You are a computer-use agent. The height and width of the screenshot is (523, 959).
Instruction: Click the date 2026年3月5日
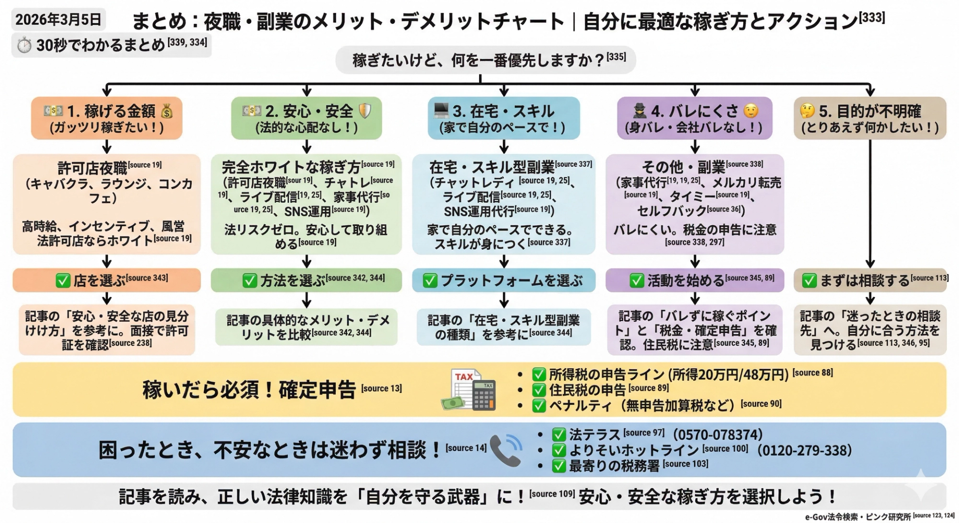pyautogui.click(x=58, y=19)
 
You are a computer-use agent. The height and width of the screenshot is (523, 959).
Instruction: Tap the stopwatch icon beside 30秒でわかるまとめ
pyautogui.click(x=23, y=45)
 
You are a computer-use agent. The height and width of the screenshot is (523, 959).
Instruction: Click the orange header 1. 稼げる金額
pyautogui.click(x=106, y=118)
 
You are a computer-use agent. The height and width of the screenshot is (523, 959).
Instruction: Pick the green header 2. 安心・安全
pyautogui.click(x=306, y=118)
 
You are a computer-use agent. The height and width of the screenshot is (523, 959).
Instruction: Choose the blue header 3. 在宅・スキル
pyautogui.click(x=503, y=118)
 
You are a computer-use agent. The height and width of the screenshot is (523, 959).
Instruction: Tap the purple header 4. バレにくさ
pyautogui.click(x=694, y=118)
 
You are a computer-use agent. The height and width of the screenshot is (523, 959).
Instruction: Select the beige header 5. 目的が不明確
pyautogui.click(x=870, y=118)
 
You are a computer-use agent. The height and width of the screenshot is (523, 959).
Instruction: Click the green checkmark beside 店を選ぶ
pyautogui.click(x=63, y=281)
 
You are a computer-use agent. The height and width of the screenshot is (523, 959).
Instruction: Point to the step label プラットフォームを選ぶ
pyautogui.click(x=511, y=281)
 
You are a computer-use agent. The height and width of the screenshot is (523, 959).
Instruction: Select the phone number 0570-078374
pyautogui.click(x=717, y=435)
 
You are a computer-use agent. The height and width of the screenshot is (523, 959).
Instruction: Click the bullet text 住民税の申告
pyautogui.click(x=587, y=390)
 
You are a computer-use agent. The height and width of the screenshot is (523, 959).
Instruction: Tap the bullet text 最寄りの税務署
pyautogui.click(x=614, y=466)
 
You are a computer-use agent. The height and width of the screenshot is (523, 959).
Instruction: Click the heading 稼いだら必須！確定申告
pyautogui.click(x=249, y=390)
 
